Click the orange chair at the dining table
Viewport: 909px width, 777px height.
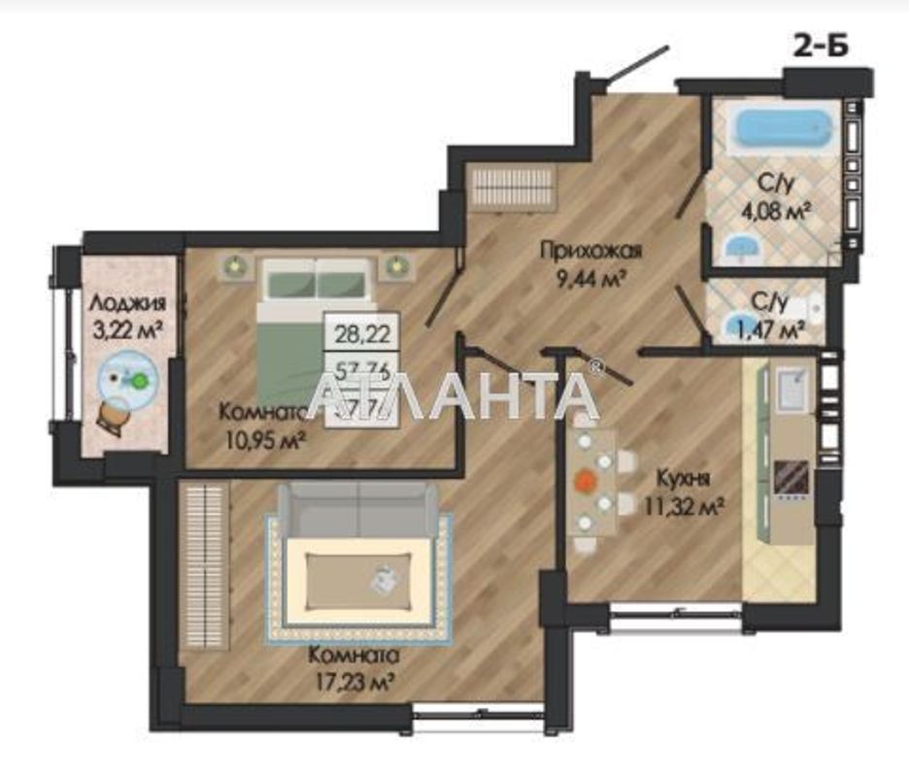point(586,480)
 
